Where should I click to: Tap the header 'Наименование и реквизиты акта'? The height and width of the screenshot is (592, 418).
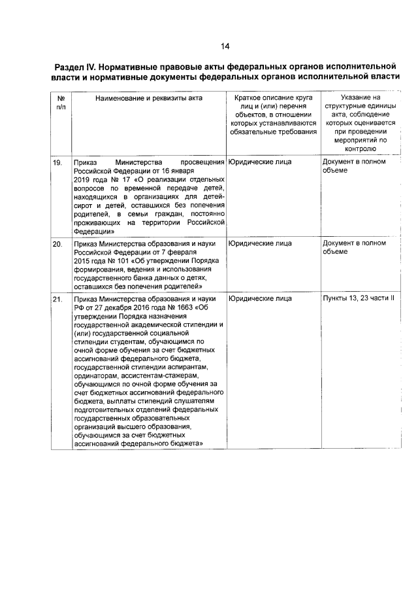coord(148,98)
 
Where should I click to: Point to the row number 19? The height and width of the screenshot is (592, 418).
coord(57,162)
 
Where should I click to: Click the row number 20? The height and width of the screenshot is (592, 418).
coord(57,244)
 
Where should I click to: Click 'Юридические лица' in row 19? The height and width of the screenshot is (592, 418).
coord(260,162)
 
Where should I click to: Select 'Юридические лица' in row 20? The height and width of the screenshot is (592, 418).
coord(260,244)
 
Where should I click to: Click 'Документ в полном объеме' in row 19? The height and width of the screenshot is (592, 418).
coord(354,165)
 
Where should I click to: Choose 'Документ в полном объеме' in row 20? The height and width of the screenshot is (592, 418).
coord(354,248)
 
